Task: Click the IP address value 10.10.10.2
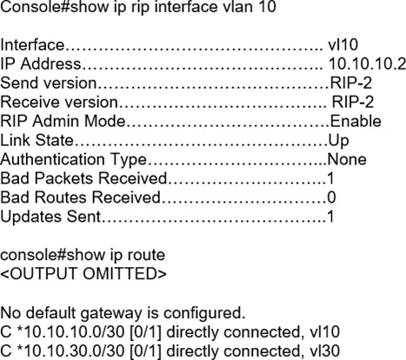(x=367, y=63)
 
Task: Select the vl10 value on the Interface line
(x=343, y=44)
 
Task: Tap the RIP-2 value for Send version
(x=351, y=83)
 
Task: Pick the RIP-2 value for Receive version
(x=353, y=102)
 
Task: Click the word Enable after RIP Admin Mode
(x=356, y=121)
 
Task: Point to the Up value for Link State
(x=338, y=141)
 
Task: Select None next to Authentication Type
(x=347, y=159)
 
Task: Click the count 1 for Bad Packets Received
(x=330, y=178)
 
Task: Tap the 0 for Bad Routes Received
(x=331, y=197)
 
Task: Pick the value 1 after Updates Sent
(x=330, y=217)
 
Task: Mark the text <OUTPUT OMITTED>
(x=83, y=274)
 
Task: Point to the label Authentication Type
(x=74, y=160)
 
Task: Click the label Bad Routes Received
(x=80, y=197)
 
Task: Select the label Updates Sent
(x=50, y=217)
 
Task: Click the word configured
(x=204, y=314)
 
